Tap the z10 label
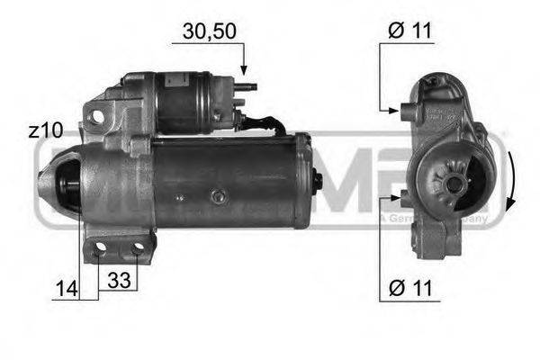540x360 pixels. (44, 130)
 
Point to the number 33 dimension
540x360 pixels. (118, 281)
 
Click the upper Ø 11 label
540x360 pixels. (410, 31)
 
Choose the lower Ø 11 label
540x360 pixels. (410, 289)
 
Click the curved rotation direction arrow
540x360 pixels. (510, 180)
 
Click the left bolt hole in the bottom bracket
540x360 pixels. (100, 247)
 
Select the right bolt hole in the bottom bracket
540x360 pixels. (137, 247)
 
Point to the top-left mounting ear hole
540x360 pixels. (95, 115)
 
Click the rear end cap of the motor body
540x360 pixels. (302, 180)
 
